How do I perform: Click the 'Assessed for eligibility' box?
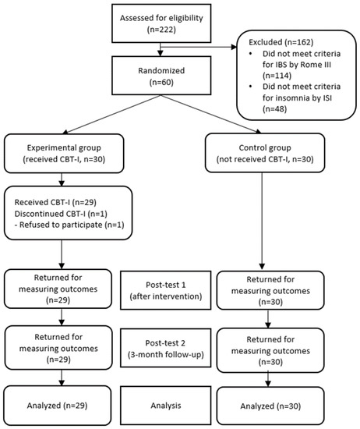pos(161,23)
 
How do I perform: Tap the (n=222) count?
pos(161,30)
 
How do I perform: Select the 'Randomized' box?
pos(161,76)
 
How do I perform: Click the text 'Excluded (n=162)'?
pos(281,42)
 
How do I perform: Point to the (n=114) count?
pos(277,75)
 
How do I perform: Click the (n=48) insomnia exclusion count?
pos(274,109)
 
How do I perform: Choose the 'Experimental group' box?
pos(64,153)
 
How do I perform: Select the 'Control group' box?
pos(265,153)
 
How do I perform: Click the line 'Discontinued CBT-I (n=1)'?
pos(61,214)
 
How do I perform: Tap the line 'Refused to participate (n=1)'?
pos(69,225)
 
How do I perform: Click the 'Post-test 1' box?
pos(166,290)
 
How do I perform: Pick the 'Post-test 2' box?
pos(166,348)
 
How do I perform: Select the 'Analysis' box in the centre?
pos(166,405)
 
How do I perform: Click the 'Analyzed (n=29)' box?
pos(58,405)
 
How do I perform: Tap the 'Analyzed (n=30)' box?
pos(270,406)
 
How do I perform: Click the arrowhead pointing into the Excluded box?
pos(234,47)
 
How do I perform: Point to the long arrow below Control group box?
pos(262,221)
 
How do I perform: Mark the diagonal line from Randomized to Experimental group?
pos(111,115)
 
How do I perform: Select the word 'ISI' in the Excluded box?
pos(327,97)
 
